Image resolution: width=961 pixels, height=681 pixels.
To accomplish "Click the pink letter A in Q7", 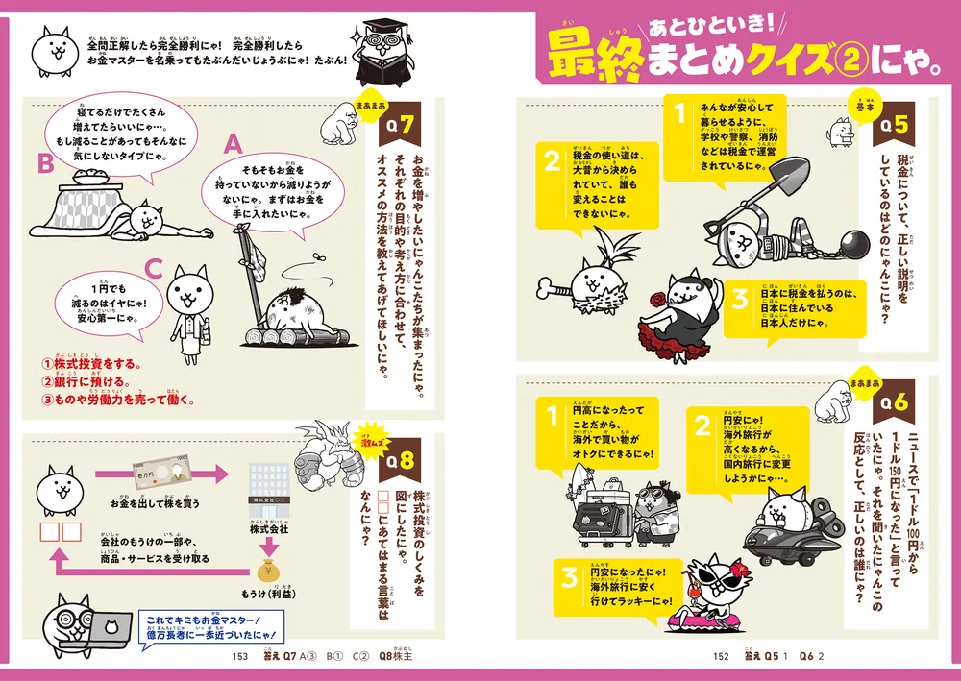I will [232, 144].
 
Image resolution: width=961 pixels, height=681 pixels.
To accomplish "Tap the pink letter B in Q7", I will [44, 164].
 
